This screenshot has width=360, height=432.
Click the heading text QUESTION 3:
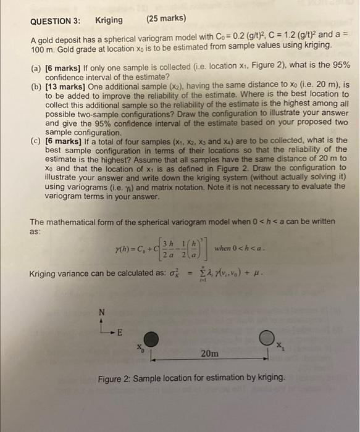click(x=58, y=20)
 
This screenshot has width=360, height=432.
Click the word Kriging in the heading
click(x=109, y=20)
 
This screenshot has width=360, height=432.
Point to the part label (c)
click(x=36, y=140)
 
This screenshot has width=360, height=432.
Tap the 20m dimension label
click(x=210, y=354)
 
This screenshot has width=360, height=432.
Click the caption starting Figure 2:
click(x=191, y=378)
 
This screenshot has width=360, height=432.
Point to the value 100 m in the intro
click(x=43, y=46)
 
